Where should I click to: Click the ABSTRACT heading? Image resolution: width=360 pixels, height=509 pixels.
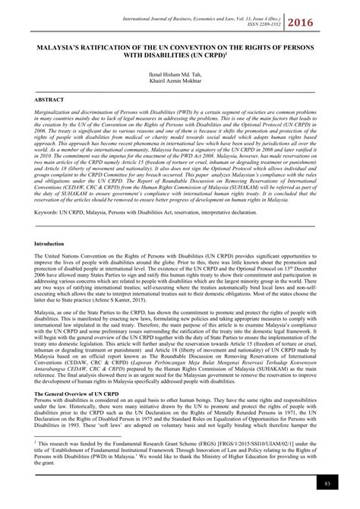point(46,99)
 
